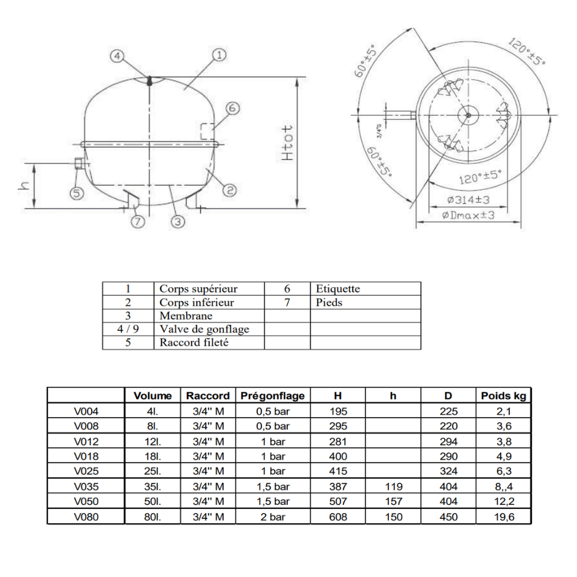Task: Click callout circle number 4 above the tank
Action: [x=117, y=57]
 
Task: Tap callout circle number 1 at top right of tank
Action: [x=219, y=55]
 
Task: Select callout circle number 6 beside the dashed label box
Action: [x=232, y=108]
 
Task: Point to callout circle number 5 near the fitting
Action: [x=77, y=193]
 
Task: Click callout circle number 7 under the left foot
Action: [x=138, y=221]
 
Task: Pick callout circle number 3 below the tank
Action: [x=178, y=221]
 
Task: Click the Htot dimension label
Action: [x=287, y=143]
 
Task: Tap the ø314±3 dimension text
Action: [x=468, y=200]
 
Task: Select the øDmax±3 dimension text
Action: [x=468, y=215]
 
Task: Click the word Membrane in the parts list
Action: [x=186, y=316]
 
